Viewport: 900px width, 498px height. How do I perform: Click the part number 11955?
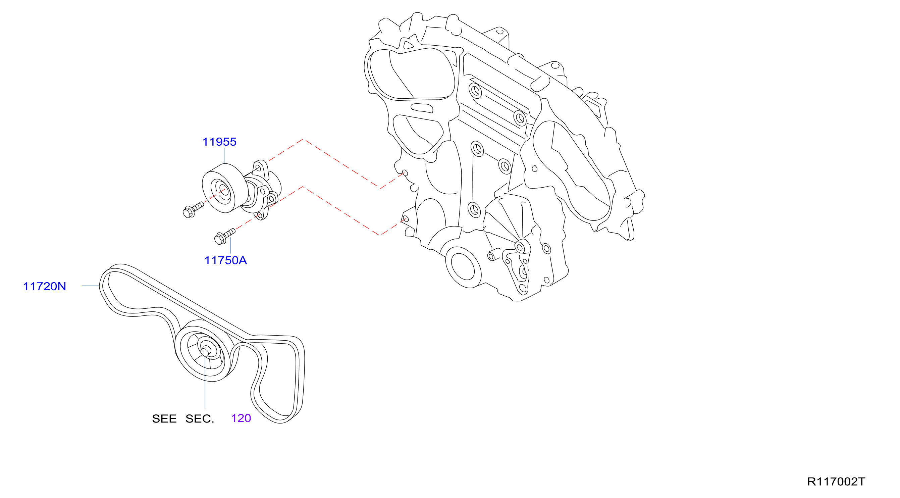[x=219, y=142]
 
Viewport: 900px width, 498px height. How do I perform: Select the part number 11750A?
[x=226, y=260]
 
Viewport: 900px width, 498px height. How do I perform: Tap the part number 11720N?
[x=44, y=287]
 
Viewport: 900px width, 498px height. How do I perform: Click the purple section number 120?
[x=241, y=418]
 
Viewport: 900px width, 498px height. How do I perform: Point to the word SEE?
[x=164, y=419]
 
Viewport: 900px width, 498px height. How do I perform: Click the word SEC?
[x=200, y=419]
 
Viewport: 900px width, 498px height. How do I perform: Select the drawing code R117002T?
[x=836, y=482]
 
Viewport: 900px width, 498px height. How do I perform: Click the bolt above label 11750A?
[x=224, y=236]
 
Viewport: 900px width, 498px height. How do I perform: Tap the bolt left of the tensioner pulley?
[x=193, y=210]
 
